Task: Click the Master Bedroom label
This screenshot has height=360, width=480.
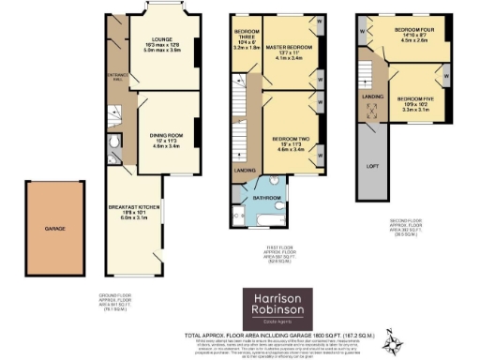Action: [288, 52]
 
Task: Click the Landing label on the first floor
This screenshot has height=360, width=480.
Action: [246, 170]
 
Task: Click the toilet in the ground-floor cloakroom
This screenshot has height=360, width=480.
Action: [113, 143]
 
